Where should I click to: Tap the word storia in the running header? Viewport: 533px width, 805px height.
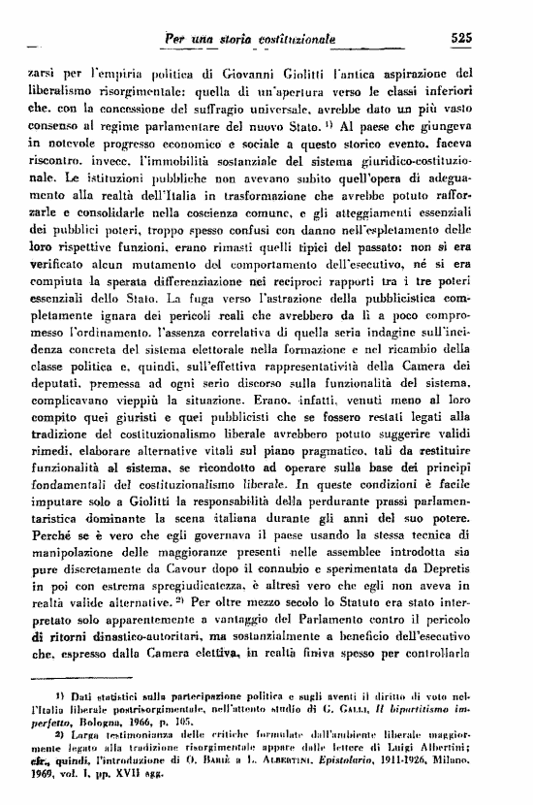(x=218, y=38)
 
